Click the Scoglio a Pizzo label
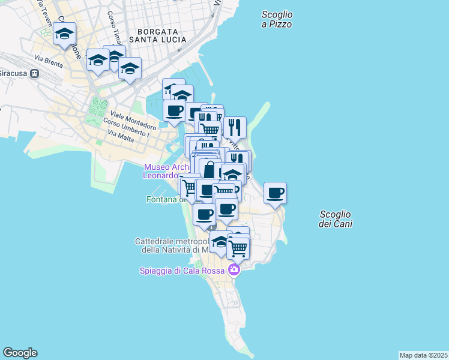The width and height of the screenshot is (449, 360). (277, 19)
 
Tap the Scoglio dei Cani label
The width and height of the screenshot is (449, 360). (336, 219)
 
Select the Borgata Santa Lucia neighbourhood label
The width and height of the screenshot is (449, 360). (161, 35)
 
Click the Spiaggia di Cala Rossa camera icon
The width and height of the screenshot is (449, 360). (234, 270)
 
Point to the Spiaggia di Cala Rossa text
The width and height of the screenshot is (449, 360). (182, 271)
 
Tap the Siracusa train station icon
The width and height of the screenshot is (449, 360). (35, 73)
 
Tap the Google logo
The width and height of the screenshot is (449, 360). (20, 353)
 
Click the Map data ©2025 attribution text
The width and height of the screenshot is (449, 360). (423, 355)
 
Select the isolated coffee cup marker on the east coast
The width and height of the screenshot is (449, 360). (275, 193)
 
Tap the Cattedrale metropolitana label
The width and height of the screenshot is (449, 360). (171, 245)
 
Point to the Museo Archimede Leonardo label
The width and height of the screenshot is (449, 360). (161, 171)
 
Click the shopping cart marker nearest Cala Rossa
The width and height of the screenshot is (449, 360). (238, 247)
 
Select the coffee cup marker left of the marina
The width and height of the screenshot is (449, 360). (174, 110)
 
